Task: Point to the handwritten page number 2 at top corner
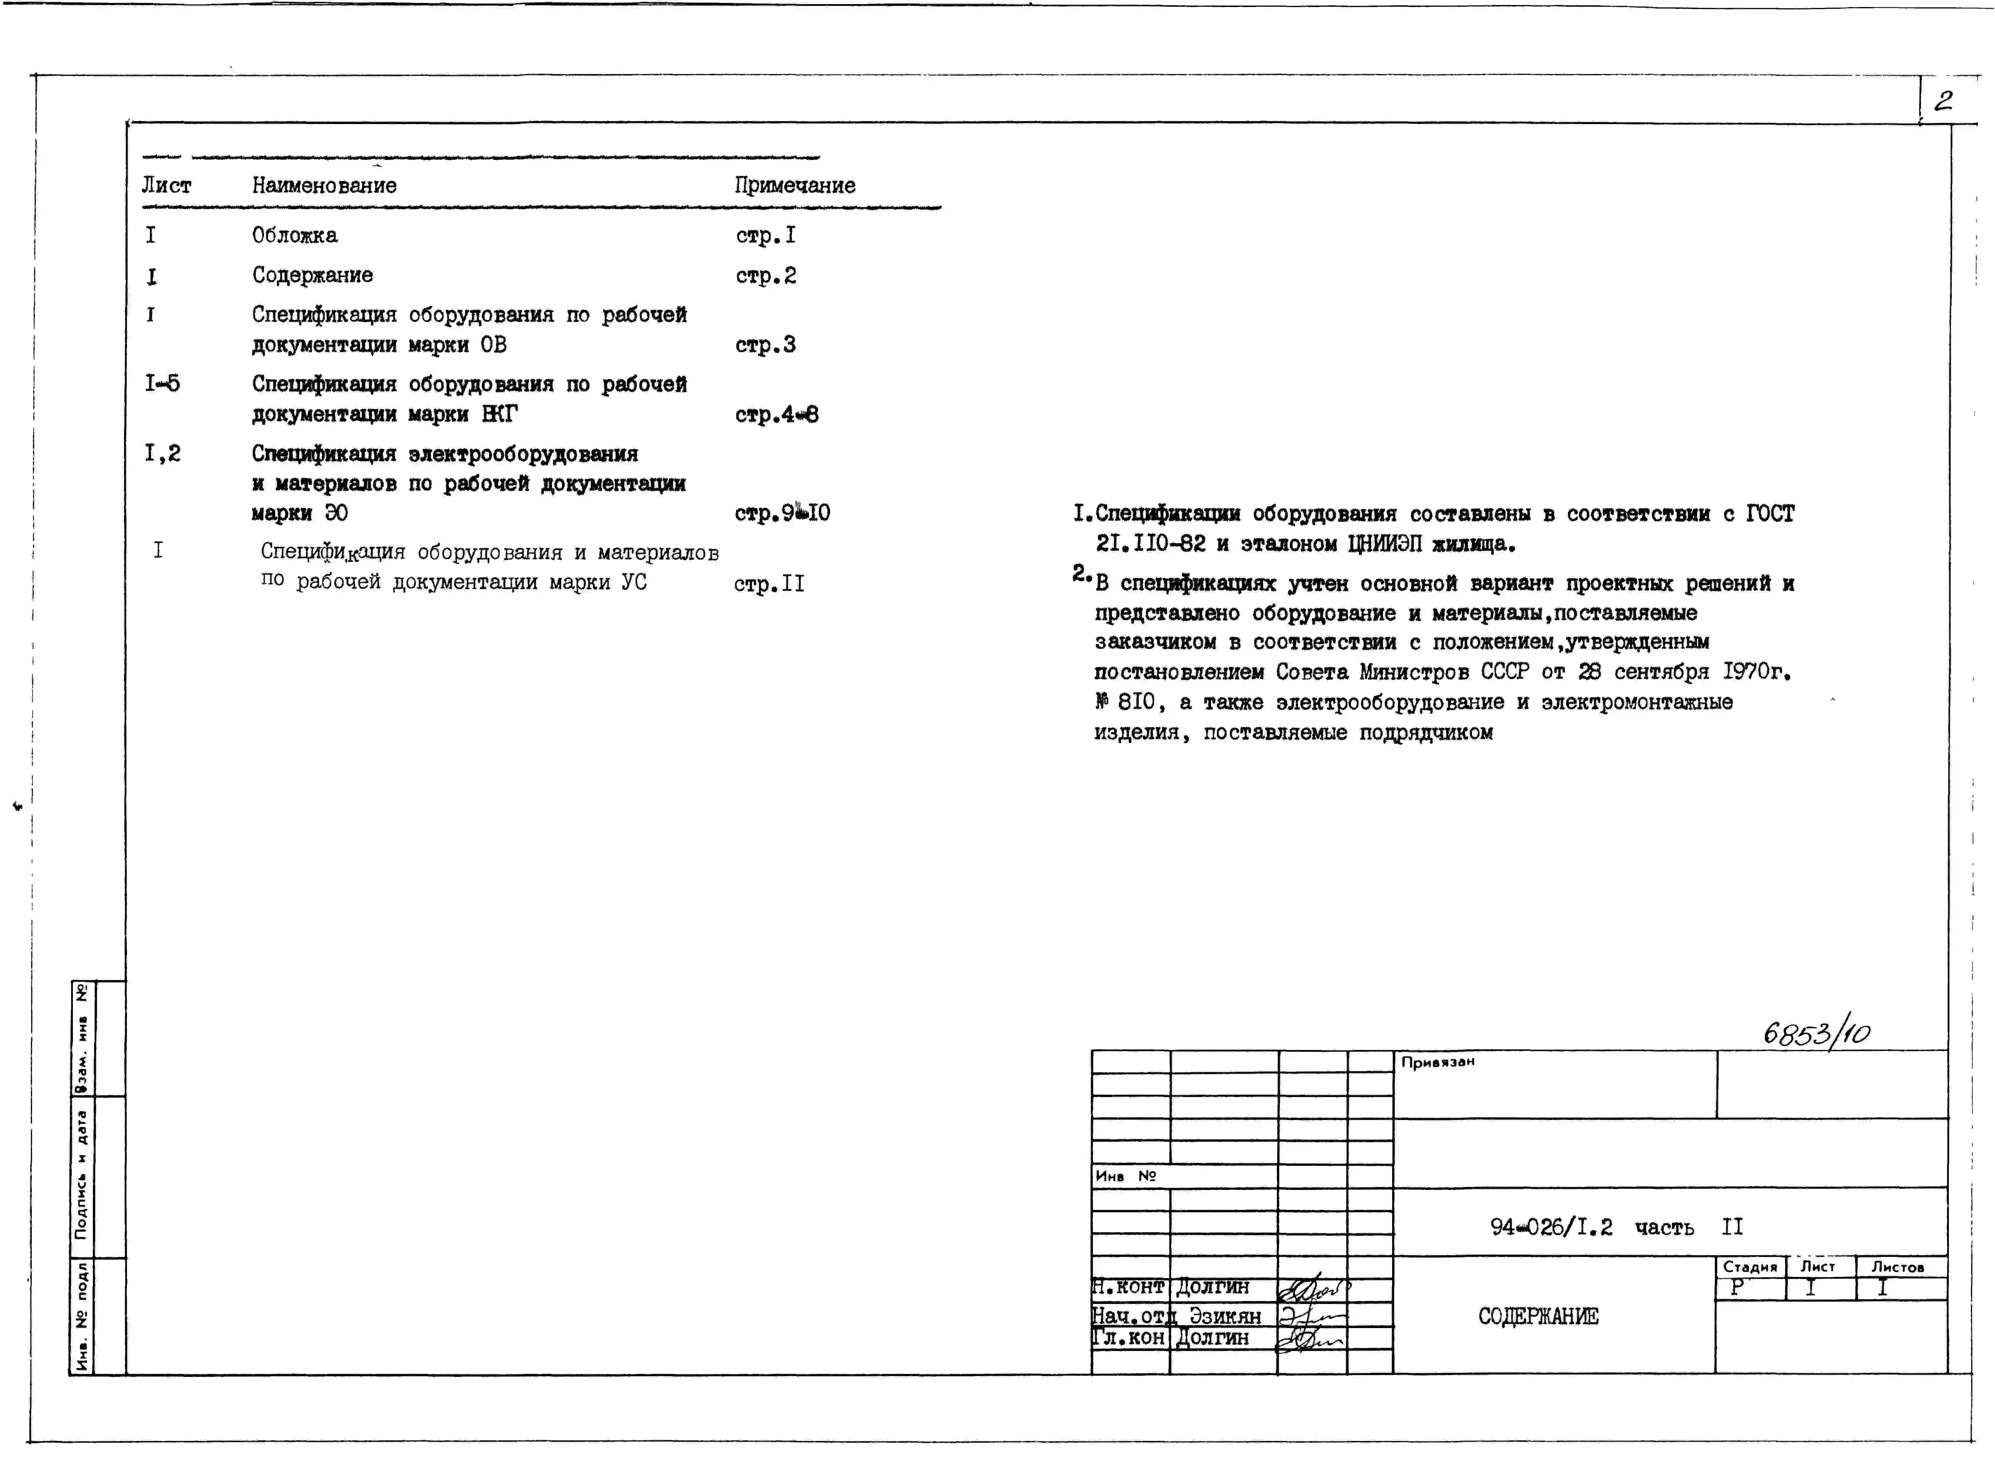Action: [1942, 101]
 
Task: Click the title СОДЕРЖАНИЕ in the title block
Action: [1538, 1316]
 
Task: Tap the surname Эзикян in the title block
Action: [1225, 1315]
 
